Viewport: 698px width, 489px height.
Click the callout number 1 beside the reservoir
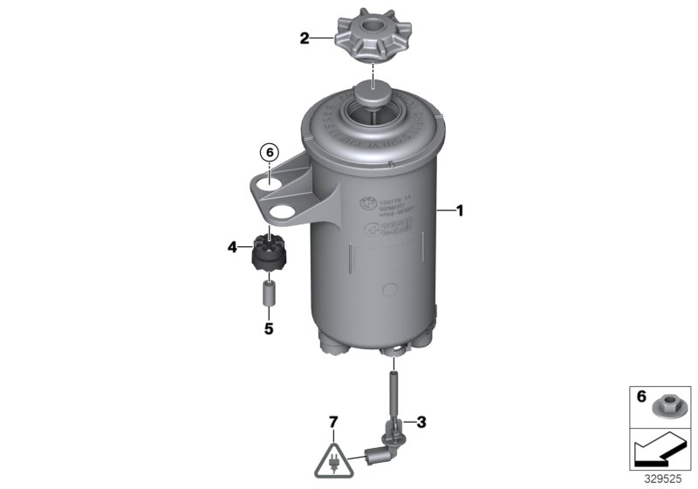pos(461,210)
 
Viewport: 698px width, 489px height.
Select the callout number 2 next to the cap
pos(305,38)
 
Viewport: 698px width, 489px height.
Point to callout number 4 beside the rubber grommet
pos(232,248)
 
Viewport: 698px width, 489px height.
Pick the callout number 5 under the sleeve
pos(269,329)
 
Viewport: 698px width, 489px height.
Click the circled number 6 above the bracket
pos(269,152)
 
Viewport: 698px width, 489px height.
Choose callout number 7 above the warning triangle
pos(332,424)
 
